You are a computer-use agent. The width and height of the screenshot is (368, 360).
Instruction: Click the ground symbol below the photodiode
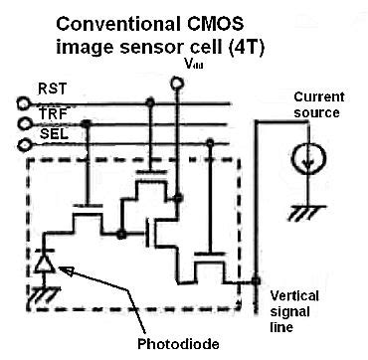click(x=41, y=291)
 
